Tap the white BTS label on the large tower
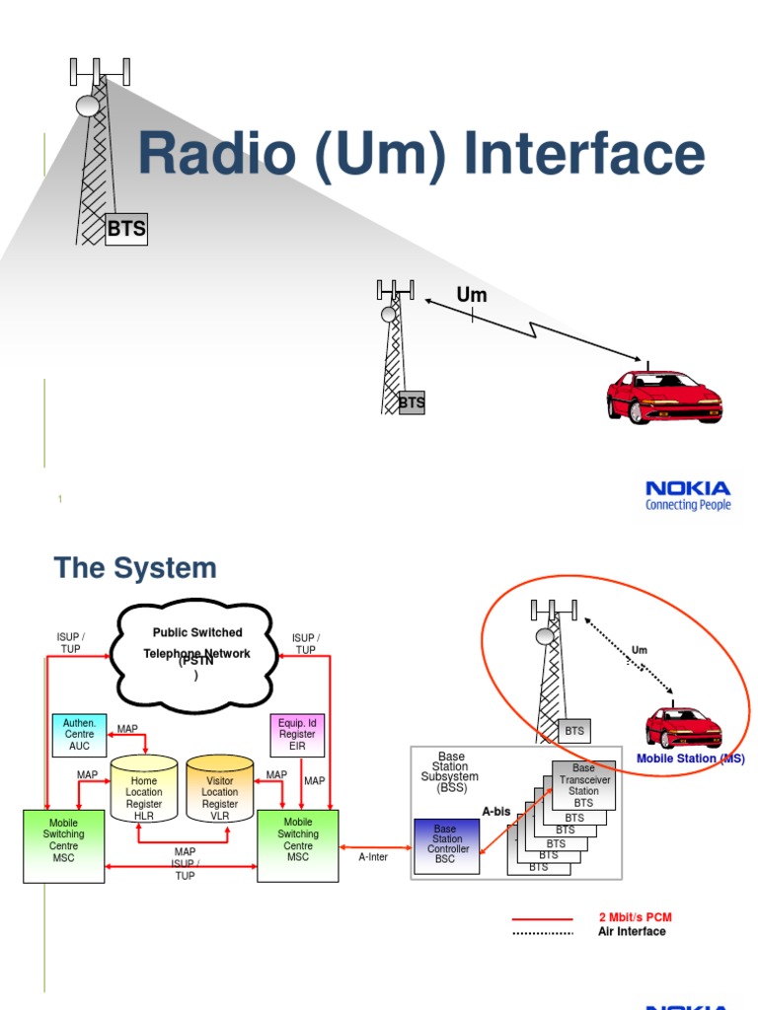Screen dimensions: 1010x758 pyautogui.click(x=126, y=230)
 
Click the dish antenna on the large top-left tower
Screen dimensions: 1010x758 pyautogui.click(x=88, y=105)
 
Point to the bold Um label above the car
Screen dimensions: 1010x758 pyautogui.click(x=471, y=295)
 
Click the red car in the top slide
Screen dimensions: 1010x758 pyautogui.click(x=663, y=396)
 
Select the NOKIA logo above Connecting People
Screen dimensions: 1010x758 pyautogui.click(x=688, y=488)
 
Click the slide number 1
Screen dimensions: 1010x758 pyautogui.click(x=60, y=500)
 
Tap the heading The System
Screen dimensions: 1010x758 pyautogui.click(x=135, y=568)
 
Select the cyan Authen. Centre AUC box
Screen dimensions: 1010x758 pyautogui.click(x=79, y=735)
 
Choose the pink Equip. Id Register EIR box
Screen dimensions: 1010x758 pyautogui.click(x=297, y=735)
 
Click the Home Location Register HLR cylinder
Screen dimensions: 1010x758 pyautogui.click(x=143, y=791)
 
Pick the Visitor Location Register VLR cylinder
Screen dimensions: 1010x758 pyautogui.click(x=220, y=791)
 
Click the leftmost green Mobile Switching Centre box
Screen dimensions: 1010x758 pyautogui.click(x=63, y=845)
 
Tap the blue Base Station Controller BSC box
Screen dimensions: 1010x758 pyautogui.click(x=445, y=846)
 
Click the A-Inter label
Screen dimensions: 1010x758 pyautogui.click(x=373, y=857)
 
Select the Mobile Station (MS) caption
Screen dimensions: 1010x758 pyautogui.click(x=690, y=758)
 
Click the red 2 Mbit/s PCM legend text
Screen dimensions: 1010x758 pyautogui.click(x=635, y=917)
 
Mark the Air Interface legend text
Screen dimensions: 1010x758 pyautogui.click(x=632, y=931)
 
